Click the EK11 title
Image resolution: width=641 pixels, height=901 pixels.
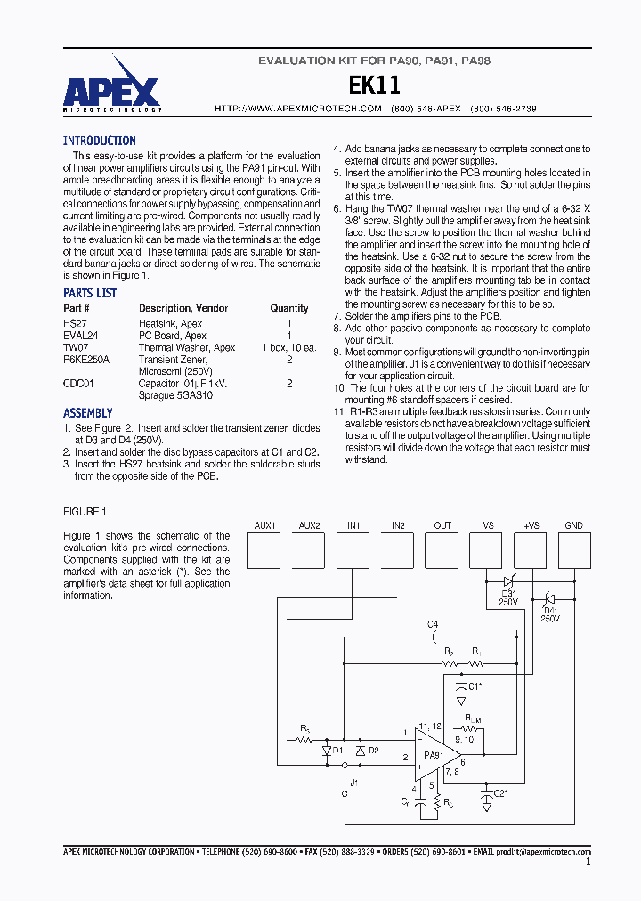click(374, 85)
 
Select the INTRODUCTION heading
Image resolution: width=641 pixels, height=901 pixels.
click(100, 141)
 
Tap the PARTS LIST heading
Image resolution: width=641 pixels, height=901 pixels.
click(90, 293)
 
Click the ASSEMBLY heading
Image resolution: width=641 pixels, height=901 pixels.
click(88, 413)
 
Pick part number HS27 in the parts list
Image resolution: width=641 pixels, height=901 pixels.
click(74, 323)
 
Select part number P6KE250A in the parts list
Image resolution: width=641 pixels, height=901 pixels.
click(86, 359)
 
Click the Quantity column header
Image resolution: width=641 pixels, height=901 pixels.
click(289, 308)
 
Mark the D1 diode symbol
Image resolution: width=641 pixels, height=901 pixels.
click(326, 751)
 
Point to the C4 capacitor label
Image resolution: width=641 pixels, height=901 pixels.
click(433, 623)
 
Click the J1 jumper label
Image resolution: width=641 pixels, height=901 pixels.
click(353, 782)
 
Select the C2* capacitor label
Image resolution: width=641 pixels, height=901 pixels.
click(499, 791)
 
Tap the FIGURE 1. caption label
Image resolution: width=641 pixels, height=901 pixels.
click(86, 511)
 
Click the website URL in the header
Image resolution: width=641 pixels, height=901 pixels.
click(298, 109)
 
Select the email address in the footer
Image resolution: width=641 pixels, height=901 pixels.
click(543, 852)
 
